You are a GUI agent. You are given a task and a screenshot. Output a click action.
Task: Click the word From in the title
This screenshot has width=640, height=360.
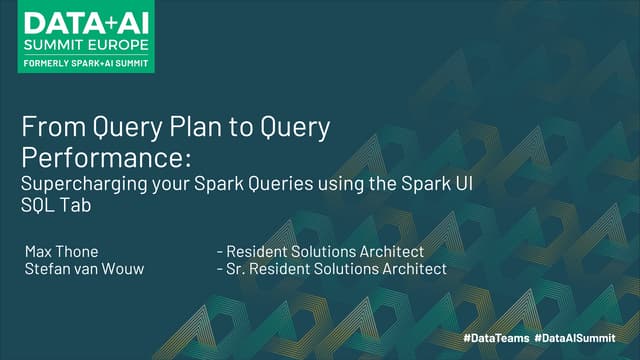[47, 129]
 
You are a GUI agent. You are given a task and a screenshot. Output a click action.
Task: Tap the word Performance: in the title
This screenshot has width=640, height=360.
[105, 159]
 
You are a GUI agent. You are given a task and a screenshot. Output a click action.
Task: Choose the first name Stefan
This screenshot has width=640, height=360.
[46, 269]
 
